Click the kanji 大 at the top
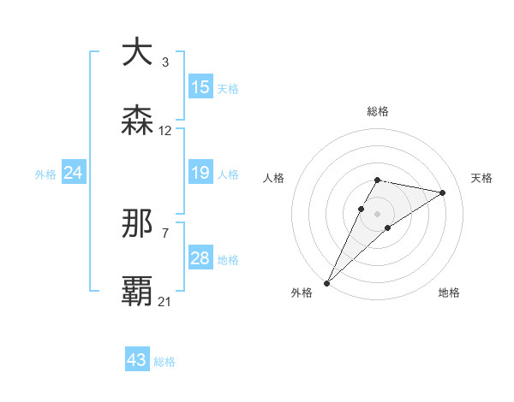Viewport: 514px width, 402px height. pyautogui.click(x=137, y=52)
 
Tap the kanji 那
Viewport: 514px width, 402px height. pyautogui.click(x=137, y=224)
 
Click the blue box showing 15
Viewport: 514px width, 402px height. pyautogui.click(x=200, y=87)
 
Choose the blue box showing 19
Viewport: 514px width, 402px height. pyautogui.click(x=200, y=174)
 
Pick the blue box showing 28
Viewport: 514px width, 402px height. pyautogui.click(x=200, y=259)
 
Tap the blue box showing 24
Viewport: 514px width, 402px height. pyautogui.click(x=74, y=174)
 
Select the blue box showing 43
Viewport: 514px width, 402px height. pyautogui.click(x=137, y=360)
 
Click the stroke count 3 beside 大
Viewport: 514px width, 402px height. pyautogui.click(x=165, y=62)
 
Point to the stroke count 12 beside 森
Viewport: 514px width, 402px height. pyautogui.click(x=165, y=131)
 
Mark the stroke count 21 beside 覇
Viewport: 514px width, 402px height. pyautogui.click(x=165, y=301)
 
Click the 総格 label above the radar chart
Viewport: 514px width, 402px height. pyautogui.click(x=378, y=111)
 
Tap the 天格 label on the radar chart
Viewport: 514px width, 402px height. pyautogui.click(x=482, y=178)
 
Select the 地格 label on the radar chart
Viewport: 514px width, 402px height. pyautogui.click(x=449, y=293)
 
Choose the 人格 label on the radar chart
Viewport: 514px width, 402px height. pyautogui.click(x=274, y=178)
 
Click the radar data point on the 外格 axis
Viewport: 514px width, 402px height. pyautogui.click(x=327, y=282)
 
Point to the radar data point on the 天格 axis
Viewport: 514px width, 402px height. pyautogui.click(x=443, y=192)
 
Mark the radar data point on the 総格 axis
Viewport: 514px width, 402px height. pyautogui.click(x=378, y=180)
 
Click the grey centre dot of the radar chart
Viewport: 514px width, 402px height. pyautogui.click(x=378, y=214)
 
